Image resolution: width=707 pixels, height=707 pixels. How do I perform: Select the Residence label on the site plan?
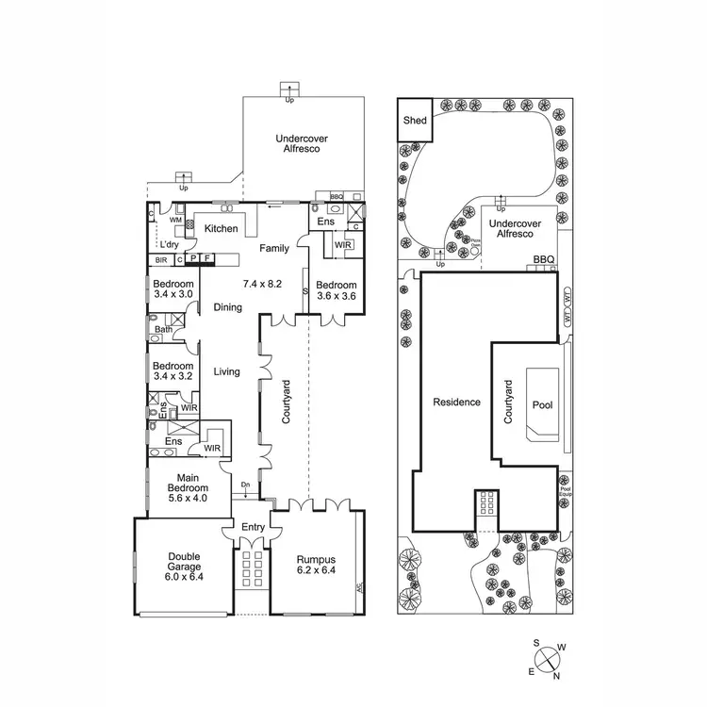tap(456, 403)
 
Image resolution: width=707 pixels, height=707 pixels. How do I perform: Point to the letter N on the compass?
tap(557, 676)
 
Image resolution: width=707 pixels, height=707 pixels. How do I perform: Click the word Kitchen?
tap(222, 229)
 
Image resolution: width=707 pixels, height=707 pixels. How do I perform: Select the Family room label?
tap(275, 248)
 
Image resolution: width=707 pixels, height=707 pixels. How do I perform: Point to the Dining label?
tap(227, 307)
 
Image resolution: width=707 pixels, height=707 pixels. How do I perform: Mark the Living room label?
tap(226, 372)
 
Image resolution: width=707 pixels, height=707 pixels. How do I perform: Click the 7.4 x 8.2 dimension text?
tap(263, 284)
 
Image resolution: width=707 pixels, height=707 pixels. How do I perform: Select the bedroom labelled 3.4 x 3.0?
tap(173, 289)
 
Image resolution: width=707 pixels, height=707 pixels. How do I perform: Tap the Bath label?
tap(164, 330)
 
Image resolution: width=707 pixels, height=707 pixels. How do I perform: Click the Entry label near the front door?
tap(254, 527)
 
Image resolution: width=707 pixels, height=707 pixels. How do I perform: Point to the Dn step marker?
tap(245, 485)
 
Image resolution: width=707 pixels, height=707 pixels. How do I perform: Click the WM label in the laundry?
tap(175, 220)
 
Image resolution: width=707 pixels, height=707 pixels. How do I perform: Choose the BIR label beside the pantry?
tap(161, 259)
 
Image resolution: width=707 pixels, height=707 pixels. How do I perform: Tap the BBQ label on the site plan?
tap(544, 258)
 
